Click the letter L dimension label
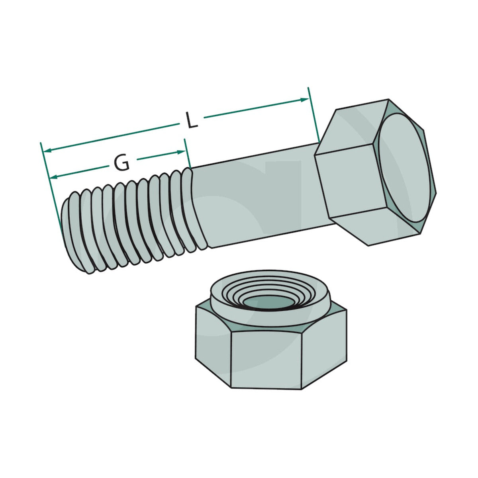pos(192,120)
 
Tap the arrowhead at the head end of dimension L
pos(305,100)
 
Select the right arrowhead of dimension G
pos(181,152)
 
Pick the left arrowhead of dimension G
pos(54,177)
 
